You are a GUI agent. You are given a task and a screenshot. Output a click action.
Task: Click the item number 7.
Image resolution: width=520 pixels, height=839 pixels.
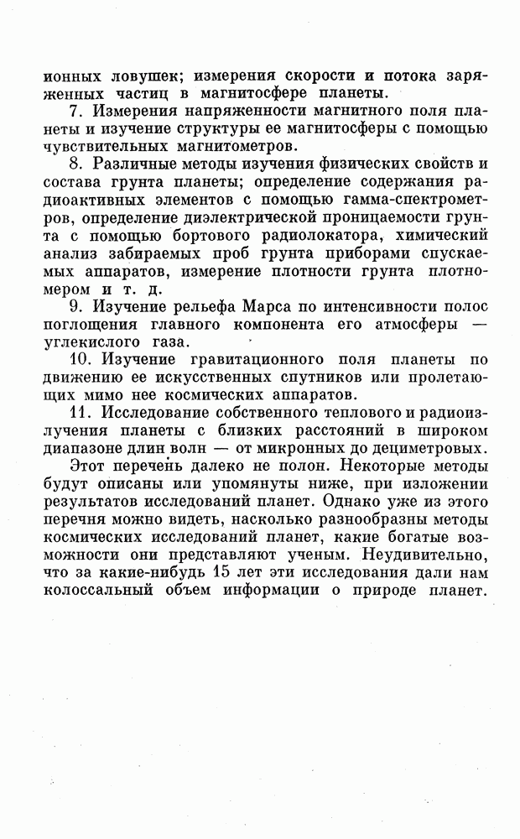pyautogui.click(x=76, y=111)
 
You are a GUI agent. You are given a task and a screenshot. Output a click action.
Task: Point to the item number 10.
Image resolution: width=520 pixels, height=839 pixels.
pyautogui.click(x=80, y=357)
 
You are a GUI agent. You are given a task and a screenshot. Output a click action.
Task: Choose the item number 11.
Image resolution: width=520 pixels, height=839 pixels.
pyautogui.click(x=80, y=411)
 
